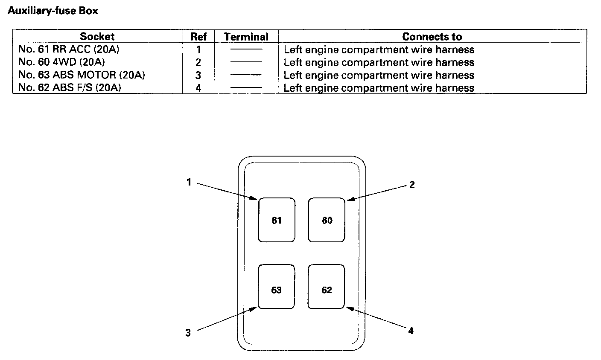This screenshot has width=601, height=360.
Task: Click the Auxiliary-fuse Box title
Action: pos(53,11)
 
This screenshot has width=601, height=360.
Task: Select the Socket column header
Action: pos(97,37)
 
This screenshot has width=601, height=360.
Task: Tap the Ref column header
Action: pos(198,37)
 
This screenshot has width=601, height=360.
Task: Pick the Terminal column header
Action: pos(246,37)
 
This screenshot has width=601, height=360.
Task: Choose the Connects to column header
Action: pos(432,37)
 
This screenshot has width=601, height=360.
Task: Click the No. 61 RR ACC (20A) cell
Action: pos(69,49)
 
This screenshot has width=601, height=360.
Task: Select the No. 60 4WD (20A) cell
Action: pos(61,62)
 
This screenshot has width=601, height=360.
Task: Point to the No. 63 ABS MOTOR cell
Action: pos(82,75)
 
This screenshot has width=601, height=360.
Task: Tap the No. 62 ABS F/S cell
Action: pos(70,88)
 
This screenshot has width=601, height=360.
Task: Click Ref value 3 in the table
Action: pos(198,75)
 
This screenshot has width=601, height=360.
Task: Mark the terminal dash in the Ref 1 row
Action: pos(246,49)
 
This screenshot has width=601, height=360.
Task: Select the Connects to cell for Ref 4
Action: pos(379,88)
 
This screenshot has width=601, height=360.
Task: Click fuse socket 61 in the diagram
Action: pos(277,220)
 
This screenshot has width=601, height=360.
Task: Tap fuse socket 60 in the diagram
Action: pos(327,220)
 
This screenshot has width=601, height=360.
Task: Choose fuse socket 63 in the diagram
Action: pos(277,290)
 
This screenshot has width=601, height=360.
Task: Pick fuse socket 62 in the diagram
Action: pos(327,290)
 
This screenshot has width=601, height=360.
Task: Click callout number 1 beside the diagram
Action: pos(188,182)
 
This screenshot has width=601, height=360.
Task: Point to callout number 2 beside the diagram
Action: pos(412,185)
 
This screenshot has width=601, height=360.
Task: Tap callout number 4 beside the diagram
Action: pos(411,331)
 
